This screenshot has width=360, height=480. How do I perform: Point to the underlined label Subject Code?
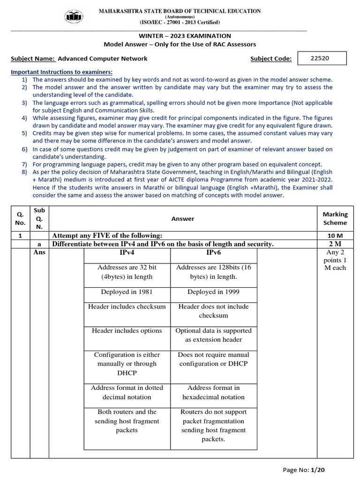coord(271,59)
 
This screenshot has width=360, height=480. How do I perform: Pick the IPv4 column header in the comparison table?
coord(127,253)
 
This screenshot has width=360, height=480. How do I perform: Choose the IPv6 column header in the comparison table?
coord(214,253)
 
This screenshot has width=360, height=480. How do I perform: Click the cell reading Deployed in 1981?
coord(127,292)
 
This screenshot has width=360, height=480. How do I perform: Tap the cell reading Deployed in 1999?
coord(214,292)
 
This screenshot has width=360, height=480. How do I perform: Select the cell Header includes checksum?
coord(127,307)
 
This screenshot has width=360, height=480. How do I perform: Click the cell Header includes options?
coord(127,330)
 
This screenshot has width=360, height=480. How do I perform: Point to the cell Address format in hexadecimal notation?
coord(214,392)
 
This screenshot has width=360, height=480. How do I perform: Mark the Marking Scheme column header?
coord(335,218)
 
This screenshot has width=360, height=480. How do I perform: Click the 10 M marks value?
coord(335,235)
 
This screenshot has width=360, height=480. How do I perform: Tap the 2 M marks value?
coord(335,244)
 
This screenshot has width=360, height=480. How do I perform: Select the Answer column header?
coord(183,218)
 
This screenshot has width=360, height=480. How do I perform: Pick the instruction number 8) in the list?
coord(24,172)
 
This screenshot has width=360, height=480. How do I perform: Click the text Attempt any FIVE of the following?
coord(107,235)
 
